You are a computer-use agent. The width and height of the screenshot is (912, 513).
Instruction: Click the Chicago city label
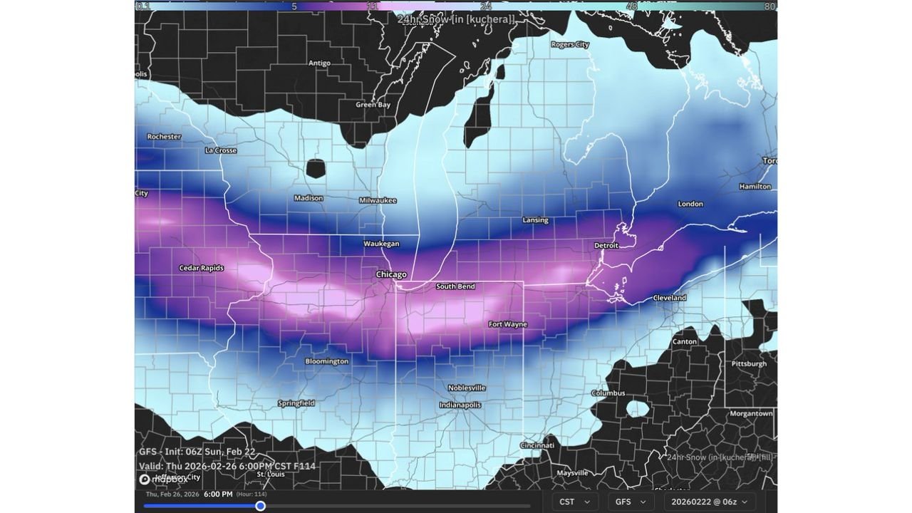coord(391,274)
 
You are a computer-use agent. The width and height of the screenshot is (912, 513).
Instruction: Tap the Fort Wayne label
coord(507,324)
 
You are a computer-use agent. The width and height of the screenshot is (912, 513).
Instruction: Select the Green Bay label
coord(373,105)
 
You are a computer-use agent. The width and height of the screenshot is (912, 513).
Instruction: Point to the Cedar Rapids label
coord(201,268)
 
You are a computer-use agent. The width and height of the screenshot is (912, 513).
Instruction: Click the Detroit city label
coord(606,245)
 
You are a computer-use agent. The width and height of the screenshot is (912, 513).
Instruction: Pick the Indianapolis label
coord(460,405)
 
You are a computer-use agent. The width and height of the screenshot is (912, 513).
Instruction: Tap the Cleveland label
coord(669,298)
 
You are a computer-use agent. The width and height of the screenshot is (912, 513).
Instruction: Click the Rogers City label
coord(570,44)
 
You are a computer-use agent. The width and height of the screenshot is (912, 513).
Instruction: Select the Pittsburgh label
coord(749,363)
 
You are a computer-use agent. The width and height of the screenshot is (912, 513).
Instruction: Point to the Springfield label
coord(296,403)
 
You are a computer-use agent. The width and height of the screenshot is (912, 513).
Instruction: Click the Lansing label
coord(535,220)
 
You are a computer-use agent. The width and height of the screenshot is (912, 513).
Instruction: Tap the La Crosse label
coord(221,150)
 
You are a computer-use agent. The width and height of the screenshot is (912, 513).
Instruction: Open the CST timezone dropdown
coord(575,502)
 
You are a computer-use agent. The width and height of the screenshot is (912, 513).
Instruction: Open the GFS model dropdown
coord(631,502)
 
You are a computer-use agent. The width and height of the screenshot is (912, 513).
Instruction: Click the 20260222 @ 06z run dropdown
coord(710,502)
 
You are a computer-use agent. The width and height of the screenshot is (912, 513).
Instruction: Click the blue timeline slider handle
coord(261,506)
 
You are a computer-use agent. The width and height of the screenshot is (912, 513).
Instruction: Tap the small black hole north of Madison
coord(316,168)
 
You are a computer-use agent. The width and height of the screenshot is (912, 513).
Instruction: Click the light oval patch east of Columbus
coord(637,409)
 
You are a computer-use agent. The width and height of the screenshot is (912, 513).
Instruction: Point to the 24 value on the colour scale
coord(485,6)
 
